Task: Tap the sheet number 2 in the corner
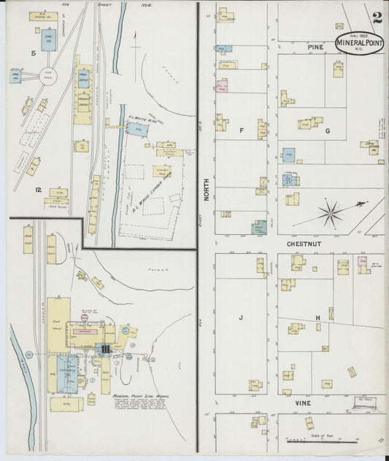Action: click(376, 18)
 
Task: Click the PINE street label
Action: click(315, 47)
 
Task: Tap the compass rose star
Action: click(331, 214)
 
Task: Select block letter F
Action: click(240, 131)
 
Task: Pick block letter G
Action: click(328, 131)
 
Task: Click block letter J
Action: click(240, 317)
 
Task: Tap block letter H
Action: click(317, 317)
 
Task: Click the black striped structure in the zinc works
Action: click(106, 350)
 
